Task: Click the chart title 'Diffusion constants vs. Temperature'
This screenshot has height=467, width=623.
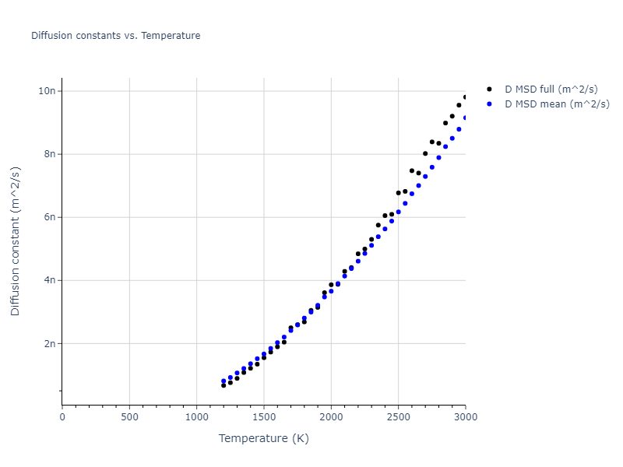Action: (x=115, y=36)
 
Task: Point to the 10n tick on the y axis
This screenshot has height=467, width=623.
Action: (x=48, y=91)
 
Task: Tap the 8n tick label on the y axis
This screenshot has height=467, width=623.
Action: (x=50, y=154)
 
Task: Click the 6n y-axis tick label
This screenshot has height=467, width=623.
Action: (x=50, y=217)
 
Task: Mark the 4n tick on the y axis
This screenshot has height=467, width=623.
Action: (x=50, y=280)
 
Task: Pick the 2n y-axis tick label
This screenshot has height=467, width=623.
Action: (x=50, y=343)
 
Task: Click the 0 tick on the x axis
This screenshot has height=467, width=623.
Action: (x=62, y=417)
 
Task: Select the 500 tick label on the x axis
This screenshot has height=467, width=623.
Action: (x=129, y=417)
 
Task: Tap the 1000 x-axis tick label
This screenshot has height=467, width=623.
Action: (x=196, y=417)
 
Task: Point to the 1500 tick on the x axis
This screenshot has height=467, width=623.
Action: (x=264, y=417)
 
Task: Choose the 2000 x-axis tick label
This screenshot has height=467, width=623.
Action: (x=331, y=417)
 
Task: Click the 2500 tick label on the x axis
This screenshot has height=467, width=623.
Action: (x=398, y=417)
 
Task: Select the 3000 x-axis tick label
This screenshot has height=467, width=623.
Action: (x=465, y=417)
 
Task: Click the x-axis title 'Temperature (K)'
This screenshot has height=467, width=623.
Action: (x=264, y=439)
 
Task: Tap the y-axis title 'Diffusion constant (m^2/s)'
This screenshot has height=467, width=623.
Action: (x=16, y=241)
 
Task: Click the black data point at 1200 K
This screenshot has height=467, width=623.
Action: (x=224, y=385)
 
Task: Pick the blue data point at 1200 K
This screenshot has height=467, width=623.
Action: (x=224, y=381)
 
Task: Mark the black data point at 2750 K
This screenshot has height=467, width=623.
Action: (x=431, y=142)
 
